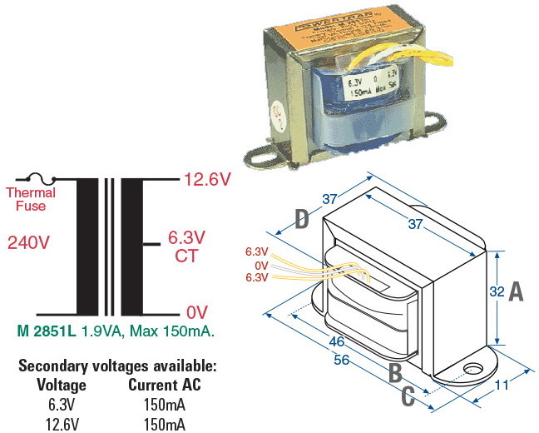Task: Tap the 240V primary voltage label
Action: click(x=29, y=243)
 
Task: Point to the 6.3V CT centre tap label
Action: click(x=187, y=246)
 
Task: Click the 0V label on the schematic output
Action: click(x=196, y=312)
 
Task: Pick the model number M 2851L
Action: click(x=47, y=331)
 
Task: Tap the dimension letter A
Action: click(x=516, y=291)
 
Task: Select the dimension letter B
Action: click(x=396, y=373)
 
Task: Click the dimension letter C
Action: click(x=408, y=396)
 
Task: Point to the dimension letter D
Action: click(x=303, y=220)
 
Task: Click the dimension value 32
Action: click(x=497, y=292)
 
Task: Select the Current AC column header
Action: click(x=165, y=386)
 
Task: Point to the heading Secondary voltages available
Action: click(x=117, y=366)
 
